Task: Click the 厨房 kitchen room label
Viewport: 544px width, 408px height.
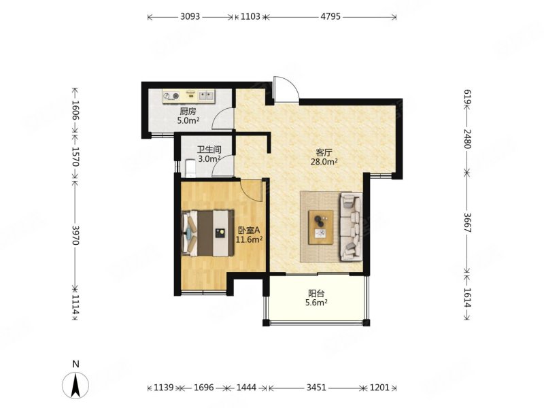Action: pos(188,112)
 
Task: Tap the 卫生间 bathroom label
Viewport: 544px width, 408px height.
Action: pos(209,150)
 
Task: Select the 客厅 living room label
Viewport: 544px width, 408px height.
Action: pos(324,152)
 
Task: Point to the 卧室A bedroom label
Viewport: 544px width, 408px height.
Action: pos(249,231)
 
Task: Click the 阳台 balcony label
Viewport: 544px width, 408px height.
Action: pos(316,294)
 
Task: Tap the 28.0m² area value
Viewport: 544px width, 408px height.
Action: pos(324,162)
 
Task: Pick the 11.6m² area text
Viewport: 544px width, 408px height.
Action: pos(249,239)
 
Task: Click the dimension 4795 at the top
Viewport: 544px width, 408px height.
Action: pos(330,16)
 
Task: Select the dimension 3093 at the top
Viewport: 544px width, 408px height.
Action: pos(190,16)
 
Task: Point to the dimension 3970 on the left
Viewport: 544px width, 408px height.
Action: pos(75,235)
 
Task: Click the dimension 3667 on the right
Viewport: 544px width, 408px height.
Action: pos(467,222)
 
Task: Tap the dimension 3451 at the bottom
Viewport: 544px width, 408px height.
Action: pos(316,387)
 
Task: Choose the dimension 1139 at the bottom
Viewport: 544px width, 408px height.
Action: pos(163,387)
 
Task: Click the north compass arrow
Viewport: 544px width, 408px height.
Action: pos(75,385)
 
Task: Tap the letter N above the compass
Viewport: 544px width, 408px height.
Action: pos(75,364)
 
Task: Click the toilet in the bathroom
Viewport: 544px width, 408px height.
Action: pos(190,168)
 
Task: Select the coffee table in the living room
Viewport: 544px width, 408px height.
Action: pos(321,227)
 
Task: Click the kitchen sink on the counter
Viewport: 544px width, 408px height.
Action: pos(206,95)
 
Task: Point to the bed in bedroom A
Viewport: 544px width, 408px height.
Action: pos(207,233)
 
